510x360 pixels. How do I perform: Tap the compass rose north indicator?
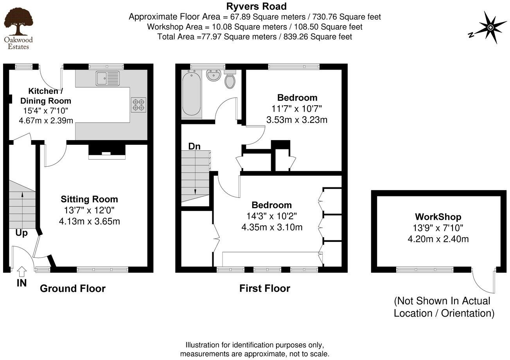click(488, 28)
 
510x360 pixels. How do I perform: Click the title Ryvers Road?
click(256, 6)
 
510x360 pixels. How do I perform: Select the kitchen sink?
click(108, 78)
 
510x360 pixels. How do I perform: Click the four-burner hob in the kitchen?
click(139, 104)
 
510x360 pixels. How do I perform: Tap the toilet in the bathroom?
click(230, 80)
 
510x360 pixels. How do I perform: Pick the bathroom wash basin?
click(214, 76)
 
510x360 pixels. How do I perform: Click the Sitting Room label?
click(89, 199)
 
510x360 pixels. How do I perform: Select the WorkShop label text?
click(438, 217)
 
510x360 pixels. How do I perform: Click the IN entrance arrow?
click(22, 271)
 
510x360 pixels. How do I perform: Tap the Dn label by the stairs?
click(194, 146)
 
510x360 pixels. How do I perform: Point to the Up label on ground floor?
click(22, 233)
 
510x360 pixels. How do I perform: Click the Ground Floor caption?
click(73, 289)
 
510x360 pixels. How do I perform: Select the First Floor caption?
click(265, 289)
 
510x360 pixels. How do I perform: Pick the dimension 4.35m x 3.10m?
click(272, 227)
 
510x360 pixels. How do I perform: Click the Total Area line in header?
click(255, 37)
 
